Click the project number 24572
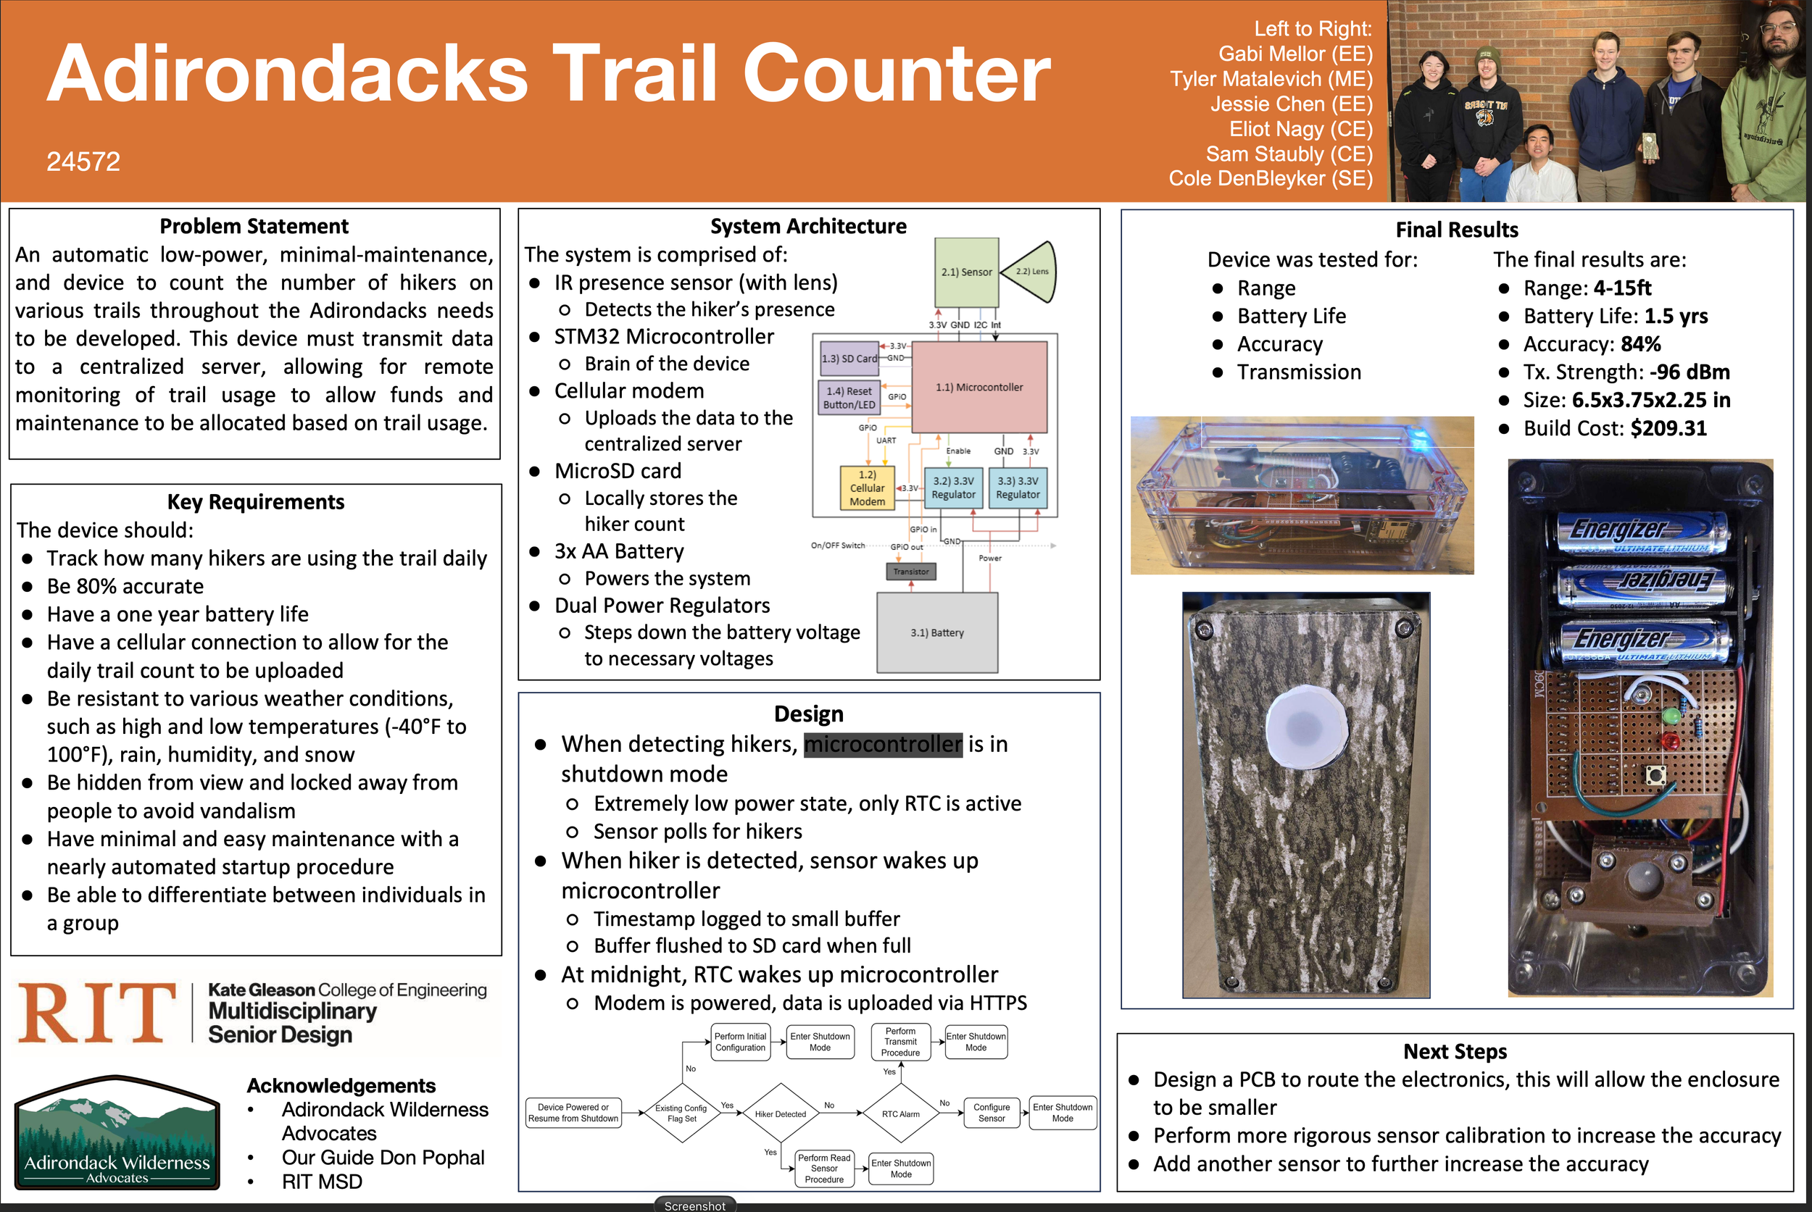click(83, 162)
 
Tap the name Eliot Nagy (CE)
click(1301, 129)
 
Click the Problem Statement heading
click(254, 226)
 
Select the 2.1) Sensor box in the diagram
click(967, 272)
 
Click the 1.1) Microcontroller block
click(980, 388)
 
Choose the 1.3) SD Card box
click(849, 359)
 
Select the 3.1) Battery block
click(936, 632)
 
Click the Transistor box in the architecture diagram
click(911, 571)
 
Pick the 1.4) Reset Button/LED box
click(849, 397)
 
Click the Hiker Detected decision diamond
click(781, 1113)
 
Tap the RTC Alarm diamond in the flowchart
click(901, 1113)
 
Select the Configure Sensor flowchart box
click(992, 1113)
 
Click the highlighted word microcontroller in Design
click(884, 744)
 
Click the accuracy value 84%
click(1641, 344)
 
